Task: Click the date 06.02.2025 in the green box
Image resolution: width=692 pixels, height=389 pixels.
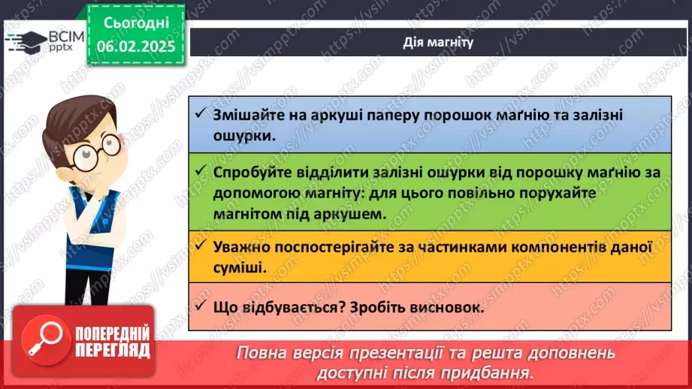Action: pyautogui.click(x=136, y=47)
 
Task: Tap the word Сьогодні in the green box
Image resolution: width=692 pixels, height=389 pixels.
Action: pyautogui.click(x=136, y=23)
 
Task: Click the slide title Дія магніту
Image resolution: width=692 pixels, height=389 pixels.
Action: pyautogui.click(x=438, y=42)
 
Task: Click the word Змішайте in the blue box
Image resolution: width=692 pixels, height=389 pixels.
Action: pyautogui.click(x=249, y=115)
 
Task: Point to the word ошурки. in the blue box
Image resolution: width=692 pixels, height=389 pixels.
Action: pyautogui.click(x=244, y=135)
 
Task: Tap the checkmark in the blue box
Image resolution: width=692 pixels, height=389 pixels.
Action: pyautogui.click(x=201, y=113)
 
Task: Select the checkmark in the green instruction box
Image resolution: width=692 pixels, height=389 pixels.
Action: pyautogui.click(x=201, y=170)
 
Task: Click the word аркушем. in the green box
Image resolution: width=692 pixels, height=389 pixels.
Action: pyautogui.click(x=350, y=214)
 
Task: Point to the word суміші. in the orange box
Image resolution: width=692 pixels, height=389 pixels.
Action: pyautogui.click(x=240, y=267)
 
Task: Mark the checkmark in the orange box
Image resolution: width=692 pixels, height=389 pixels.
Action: pyautogui.click(x=201, y=246)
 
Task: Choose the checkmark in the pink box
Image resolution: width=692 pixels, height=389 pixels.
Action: pyautogui.click(x=201, y=306)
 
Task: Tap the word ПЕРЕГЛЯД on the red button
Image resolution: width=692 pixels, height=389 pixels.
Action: pyautogui.click(x=113, y=351)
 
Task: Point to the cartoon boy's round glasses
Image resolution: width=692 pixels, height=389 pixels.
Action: pyautogui.click(x=97, y=152)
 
